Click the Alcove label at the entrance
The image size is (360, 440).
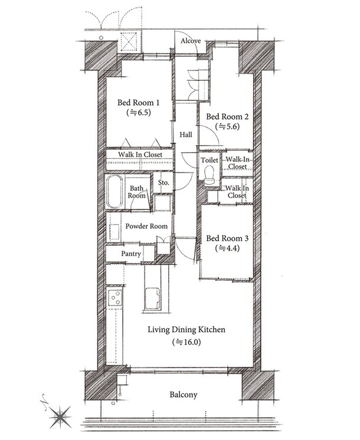click(x=191, y=41)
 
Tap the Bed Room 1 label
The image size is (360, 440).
click(x=139, y=103)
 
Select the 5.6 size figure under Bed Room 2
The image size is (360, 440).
click(x=227, y=127)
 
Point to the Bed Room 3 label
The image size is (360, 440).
click(x=227, y=238)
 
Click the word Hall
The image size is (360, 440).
click(x=186, y=134)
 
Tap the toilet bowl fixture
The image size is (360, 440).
click(x=209, y=173)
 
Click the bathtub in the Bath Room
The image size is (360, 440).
click(x=114, y=191)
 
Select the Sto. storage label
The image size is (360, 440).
click(x=163, y=183)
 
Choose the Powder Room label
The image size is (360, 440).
click(x=146, y=226)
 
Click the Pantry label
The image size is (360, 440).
click(x=131, y=254)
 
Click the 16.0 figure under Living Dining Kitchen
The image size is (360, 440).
click(x=186, y=342)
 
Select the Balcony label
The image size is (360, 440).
click(x=184, y=395)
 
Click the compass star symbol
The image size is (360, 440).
click(x=60, y=417)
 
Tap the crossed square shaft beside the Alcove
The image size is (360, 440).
click(x=129, y=42)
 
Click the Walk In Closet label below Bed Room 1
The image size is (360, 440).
click(x=140, y=155)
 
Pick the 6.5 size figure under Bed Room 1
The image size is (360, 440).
click(x=139, y=113)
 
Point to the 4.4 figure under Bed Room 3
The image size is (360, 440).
click(x=227, y=248)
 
